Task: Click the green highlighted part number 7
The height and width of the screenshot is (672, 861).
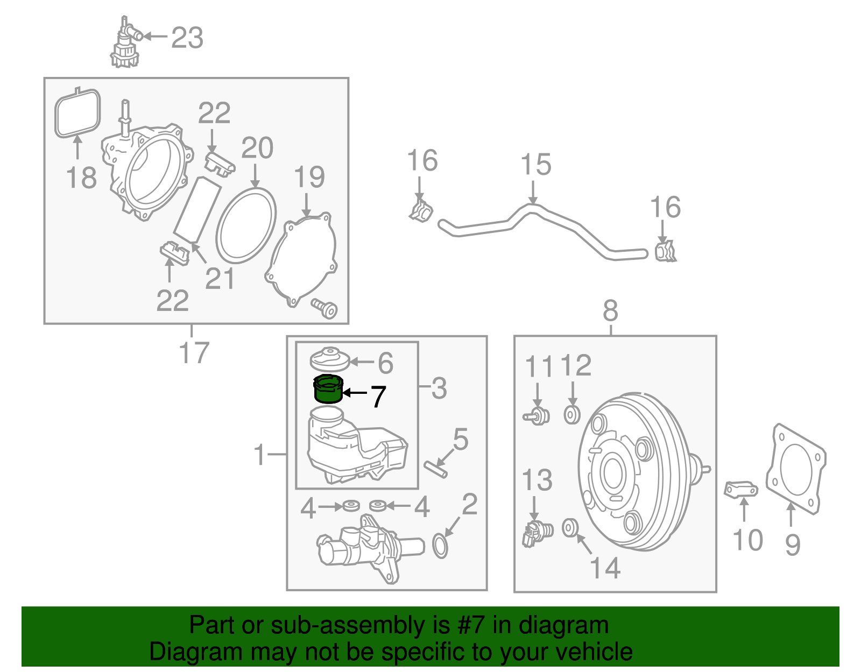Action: click(328, 390)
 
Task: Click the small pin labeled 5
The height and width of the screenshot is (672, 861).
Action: click(435, 469)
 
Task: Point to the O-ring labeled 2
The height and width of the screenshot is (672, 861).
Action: click(440, 546)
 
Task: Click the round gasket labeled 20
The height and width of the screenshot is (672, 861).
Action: click(246, 225)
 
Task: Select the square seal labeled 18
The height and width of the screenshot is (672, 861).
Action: click(77, 114)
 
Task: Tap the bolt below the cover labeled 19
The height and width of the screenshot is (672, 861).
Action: click(325, 308)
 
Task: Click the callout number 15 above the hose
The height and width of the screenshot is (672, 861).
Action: click(535, 165)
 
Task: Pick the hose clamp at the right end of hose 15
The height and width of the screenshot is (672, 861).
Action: click(665, 252)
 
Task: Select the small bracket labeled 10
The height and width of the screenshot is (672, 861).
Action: click(741, 490)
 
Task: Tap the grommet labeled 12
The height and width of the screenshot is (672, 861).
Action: click(571, 415)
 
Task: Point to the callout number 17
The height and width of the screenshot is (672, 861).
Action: click(193, 353)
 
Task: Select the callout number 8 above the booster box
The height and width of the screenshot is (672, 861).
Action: click(610, 311)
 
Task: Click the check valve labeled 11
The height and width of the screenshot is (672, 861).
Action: click(537, 416)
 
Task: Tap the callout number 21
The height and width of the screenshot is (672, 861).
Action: click(220, 279)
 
